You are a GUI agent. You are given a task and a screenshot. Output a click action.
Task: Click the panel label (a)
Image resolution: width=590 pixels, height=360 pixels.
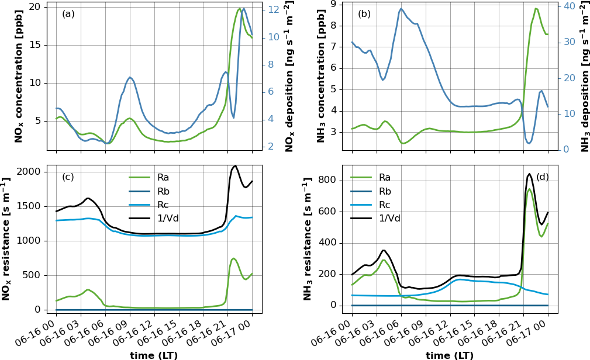tap(68, 14)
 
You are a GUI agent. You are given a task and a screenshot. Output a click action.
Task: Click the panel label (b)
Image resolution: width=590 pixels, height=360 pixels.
tap(364, 14)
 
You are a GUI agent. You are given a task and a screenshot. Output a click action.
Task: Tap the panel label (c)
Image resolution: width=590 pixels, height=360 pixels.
tap(68, 177)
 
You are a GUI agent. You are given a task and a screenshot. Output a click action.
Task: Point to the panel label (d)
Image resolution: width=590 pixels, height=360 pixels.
tap(543, 177)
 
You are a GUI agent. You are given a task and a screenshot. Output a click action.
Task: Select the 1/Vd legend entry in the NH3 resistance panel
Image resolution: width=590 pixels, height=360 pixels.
tap(389, 219)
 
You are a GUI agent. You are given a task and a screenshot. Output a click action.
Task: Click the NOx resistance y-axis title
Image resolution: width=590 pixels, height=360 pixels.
tap(6, 240)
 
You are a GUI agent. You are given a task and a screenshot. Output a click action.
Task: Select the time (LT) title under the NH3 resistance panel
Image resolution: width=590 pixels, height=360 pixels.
tap(449, 355)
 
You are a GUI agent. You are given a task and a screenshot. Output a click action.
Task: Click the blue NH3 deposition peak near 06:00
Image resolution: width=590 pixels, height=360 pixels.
tap(401, 9)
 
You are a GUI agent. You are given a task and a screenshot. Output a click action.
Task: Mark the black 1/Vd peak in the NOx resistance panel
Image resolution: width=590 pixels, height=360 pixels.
tap(235, 166)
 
